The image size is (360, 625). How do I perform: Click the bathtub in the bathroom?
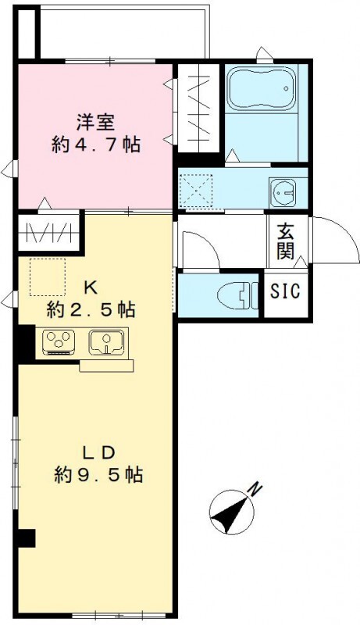pyautogui.click(x=262, y=88)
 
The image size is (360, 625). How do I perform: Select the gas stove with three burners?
pyautogui.click(x=59, y=342)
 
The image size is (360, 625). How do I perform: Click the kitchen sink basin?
pyautogui.click(x=106, y=342)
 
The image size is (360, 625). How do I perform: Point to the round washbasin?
pyautogui.click(x=283, y=192)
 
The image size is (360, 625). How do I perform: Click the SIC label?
pyautogui.click(x=285, y=291)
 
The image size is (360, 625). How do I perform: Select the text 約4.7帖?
pyautogui.click(x=95, y=145)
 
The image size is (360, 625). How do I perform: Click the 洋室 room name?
pyautogui.click(x=95, y=123)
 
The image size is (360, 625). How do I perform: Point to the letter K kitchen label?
pyautogui.click(x=91, y=287)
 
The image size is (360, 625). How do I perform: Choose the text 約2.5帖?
pyautogui.click(x=91, y=309)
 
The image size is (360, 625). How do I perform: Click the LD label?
pyautogui.click(x=98, y=452)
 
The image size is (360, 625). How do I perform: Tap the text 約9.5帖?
pyautogui.click(x=98, y=475)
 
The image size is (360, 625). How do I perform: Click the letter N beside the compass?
pyautogui.click(x=255, y=489)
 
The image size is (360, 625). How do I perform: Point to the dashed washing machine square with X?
pyautogui.click(x=195, y=190)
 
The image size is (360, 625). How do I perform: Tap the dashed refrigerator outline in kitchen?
pyautogui.click(x=48, y=277)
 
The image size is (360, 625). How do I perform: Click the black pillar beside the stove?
pyautogui.click(x=27, y=343)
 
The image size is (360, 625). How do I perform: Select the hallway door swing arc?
pyautogui.click(x=209, y=241)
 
